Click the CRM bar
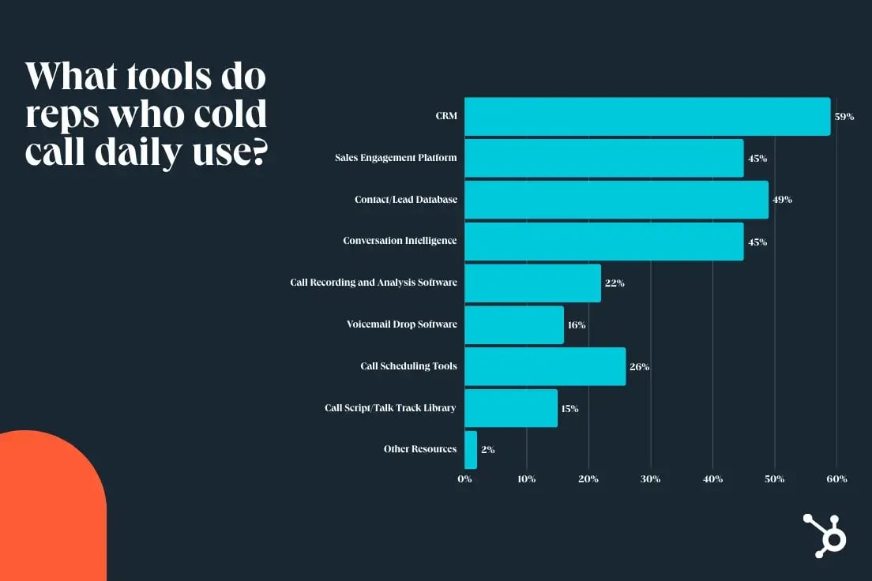pyautogui.click(x=647, y=117)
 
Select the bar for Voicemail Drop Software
pyautogui.click(x=514, y=325)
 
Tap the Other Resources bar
pyautogui.click(x=471, y=450)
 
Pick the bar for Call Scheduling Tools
pyautogui.click(x=545, y=366)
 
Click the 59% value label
pyautogui.click(x=844, y=117)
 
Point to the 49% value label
pyautogui.click(x=782, y=200)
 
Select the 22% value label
pyautogui.click(x=615, y=283)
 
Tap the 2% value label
pyautogui.click(x=487, y=450)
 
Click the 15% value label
pyautogui.click(x=569, y=409)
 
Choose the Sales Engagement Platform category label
pyautogui.click(x=395, y=158)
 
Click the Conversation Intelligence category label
pyautogui.click(x=400, y=241)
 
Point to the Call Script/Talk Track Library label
pyautogui.click(x=390, y=408)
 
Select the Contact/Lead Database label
pyautogui.click(x=405, y=200)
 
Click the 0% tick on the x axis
pyautogui.click(x=464, y=479)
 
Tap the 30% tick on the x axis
pyautogui.click(x=650, y=479)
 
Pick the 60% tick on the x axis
pyautogui.click(x=836, y=479)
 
